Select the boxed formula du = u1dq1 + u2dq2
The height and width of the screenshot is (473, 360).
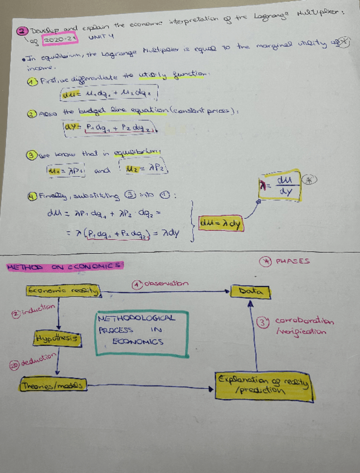112,94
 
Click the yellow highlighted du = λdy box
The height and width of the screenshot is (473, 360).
222,224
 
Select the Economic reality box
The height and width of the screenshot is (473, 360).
62,291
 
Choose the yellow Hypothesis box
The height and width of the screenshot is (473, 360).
58,339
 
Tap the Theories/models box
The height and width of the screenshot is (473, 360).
53,385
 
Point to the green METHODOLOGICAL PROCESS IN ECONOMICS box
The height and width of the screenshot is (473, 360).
139,330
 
